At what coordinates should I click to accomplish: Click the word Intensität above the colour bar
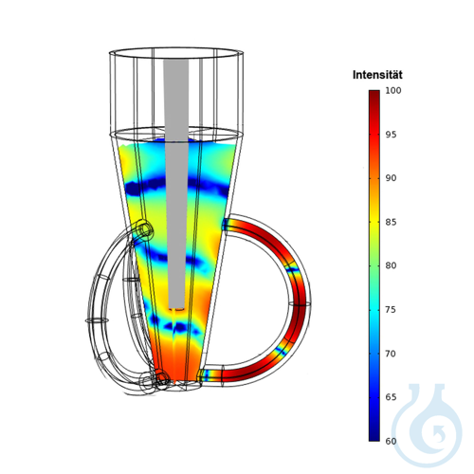[377, 75]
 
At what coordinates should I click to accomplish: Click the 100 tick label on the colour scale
[393, 90]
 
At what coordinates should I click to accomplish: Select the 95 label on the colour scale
[391, 135]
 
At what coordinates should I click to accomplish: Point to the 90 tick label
[391, 178]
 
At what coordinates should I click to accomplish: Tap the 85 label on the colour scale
[391, 222]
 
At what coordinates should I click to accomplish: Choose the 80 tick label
[391, 265]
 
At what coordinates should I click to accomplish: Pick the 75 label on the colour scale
[391, 310]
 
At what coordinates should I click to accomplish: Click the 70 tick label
[391, 354]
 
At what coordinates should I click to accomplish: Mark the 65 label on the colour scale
[391, 397]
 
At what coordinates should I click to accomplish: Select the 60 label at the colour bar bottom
[391, 441]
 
